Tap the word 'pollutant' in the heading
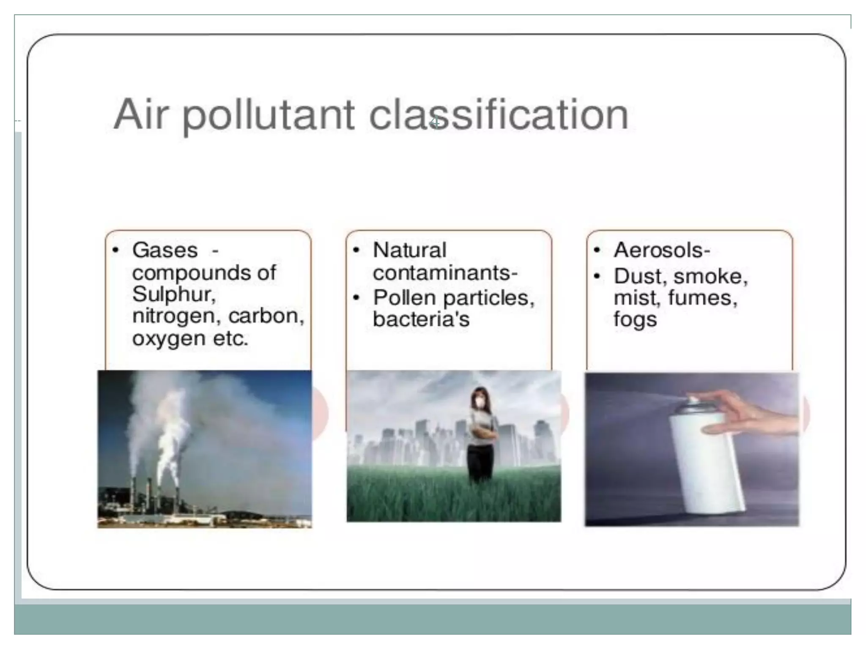268,115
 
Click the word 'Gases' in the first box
165,250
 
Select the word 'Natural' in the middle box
409,250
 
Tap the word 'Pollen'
404,298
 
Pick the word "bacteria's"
421,319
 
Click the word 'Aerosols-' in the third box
662,250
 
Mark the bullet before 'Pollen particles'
356,298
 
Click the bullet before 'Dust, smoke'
597,276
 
